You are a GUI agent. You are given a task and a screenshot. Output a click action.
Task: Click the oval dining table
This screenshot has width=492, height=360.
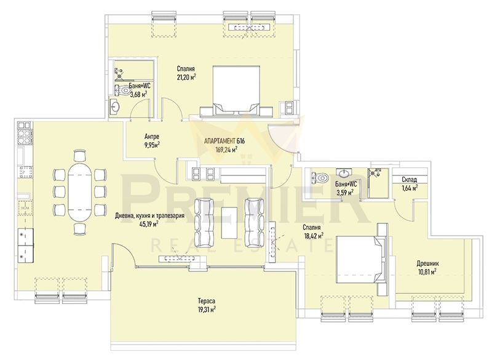tap(80, 192)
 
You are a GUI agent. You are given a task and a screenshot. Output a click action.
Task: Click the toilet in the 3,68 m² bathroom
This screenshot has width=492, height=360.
tap(122, 90)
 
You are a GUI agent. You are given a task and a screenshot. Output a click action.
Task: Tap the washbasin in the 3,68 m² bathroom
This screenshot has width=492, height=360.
tap(115, 106)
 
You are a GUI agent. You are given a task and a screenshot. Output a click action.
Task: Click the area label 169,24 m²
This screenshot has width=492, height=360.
tap(226, 150)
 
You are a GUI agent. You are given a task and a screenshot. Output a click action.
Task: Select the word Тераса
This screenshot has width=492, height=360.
tap(206, 300)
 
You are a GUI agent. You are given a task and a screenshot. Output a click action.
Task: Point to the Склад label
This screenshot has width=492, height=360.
tap(410, 180)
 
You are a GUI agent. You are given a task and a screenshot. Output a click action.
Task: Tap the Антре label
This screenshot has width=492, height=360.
tap(152, 137)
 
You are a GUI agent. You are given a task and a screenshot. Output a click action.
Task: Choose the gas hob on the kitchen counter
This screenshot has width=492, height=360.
tap(25, 136)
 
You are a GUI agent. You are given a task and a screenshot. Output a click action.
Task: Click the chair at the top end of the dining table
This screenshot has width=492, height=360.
tap(80, 156)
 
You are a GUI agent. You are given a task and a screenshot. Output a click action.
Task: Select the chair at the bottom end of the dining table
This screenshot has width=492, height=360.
tap(80, 229)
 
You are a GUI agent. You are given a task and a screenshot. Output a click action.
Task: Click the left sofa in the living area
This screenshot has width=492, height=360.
tap(204, 223)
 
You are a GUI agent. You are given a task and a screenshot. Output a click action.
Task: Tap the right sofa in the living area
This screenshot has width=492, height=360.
tap(255, 223)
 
